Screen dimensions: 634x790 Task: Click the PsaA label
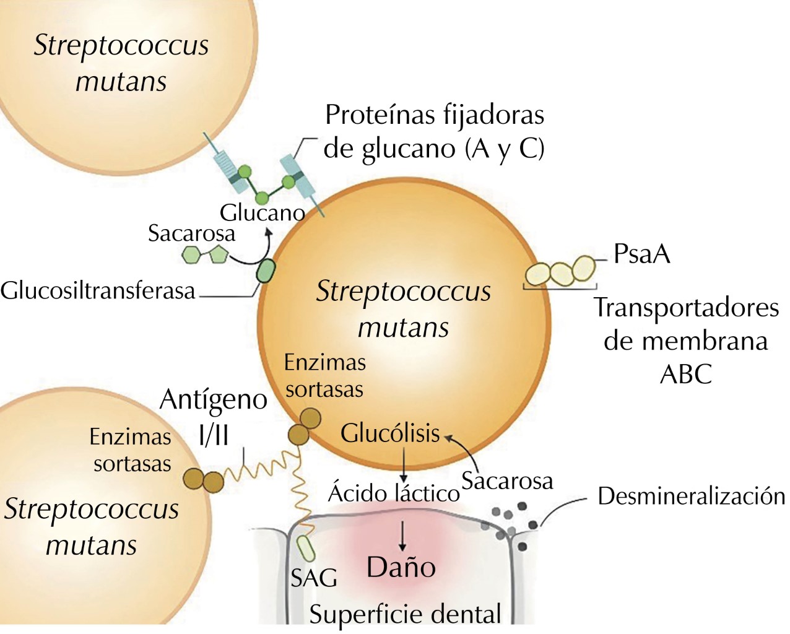pyautogui.click(x=641, y=254)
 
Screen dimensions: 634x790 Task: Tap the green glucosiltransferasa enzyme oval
pyautogui.click(x=266, y=271)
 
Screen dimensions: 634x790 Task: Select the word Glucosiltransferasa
pyautogui.click(x=98, y=290)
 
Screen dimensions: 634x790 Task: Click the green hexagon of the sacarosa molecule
pyautogui.click(x=192, y=254)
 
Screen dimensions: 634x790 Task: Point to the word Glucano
pyautogui.click(x=262, y=213)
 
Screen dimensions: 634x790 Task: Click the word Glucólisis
pyautogui.click(x=390, y=433)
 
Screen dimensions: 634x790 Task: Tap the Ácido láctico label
pyautogui.click(x=394, y=493)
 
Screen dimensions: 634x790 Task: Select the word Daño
pyautogui.click(x=401, y=567)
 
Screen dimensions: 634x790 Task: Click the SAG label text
pyautogui.click(x=314, y=578)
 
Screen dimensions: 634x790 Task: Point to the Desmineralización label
pyautogui.click(x=691, y=497)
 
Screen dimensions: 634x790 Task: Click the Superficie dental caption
pyautogui.click(x=405, y=614)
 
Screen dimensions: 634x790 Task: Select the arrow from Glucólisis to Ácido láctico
pyautogui.click(x=403, y=464)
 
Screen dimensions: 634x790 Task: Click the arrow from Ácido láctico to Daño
pyautogui.click(x=402, y=535)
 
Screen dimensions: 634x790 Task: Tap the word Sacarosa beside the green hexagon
pyautogui.click(x=191, y=233)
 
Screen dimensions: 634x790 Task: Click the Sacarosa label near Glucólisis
pyautogui.click(x=507, y=480)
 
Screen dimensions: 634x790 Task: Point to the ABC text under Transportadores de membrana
pyautogui.click(x=686, y=374)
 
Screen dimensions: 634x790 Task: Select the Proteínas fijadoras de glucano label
pyautogui.click(x=434, y=131)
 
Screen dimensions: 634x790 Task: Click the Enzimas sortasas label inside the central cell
pyautogui.click(x=324, y=375)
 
